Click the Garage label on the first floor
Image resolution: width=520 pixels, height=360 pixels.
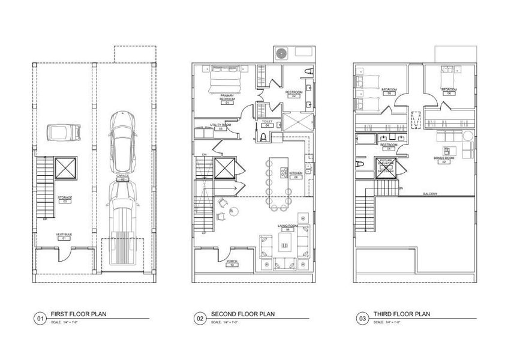point(122,177)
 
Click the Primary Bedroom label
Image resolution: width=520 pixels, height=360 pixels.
point(227,99)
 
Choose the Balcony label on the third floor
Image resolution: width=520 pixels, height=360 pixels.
point(429,194)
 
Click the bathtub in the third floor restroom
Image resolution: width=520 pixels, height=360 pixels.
point(365,141)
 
